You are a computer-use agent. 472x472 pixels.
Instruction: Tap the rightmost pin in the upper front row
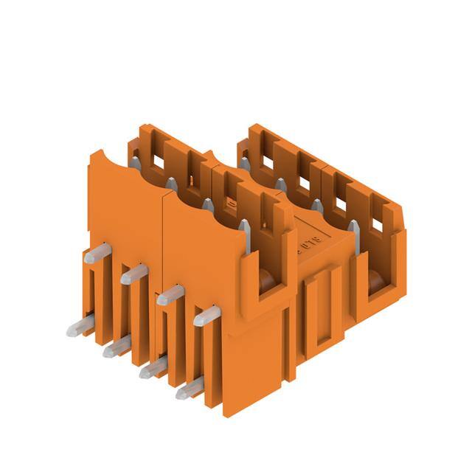(x=206, y=316)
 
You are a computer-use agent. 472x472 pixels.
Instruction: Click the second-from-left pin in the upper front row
(x=133, y=274)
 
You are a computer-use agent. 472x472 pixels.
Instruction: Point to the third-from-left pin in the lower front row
(x=153, y=367)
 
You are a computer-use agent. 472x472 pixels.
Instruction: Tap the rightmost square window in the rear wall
(x=377, y=223)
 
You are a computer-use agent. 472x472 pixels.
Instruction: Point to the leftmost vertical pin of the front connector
(x=135, y=162)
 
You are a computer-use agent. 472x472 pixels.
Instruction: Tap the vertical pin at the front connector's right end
(x=245, y=236)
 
